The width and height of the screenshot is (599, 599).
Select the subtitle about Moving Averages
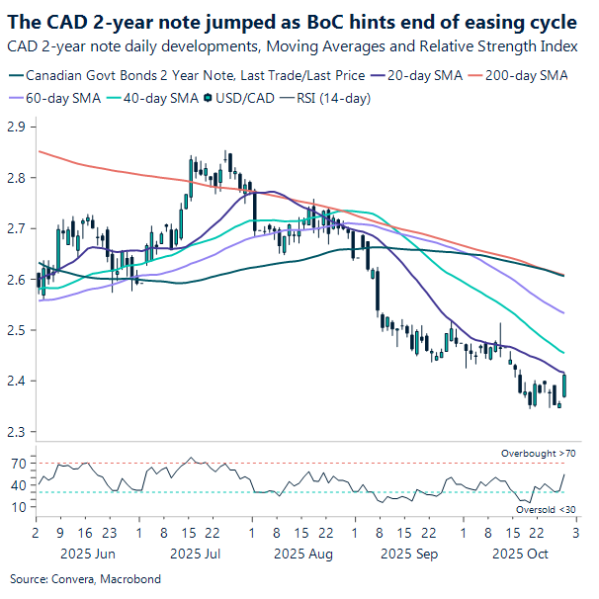click(x=292, y=46)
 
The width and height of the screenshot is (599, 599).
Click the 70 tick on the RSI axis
click(x=18, y=463)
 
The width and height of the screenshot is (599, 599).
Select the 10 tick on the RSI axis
click(x=18, y=507)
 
